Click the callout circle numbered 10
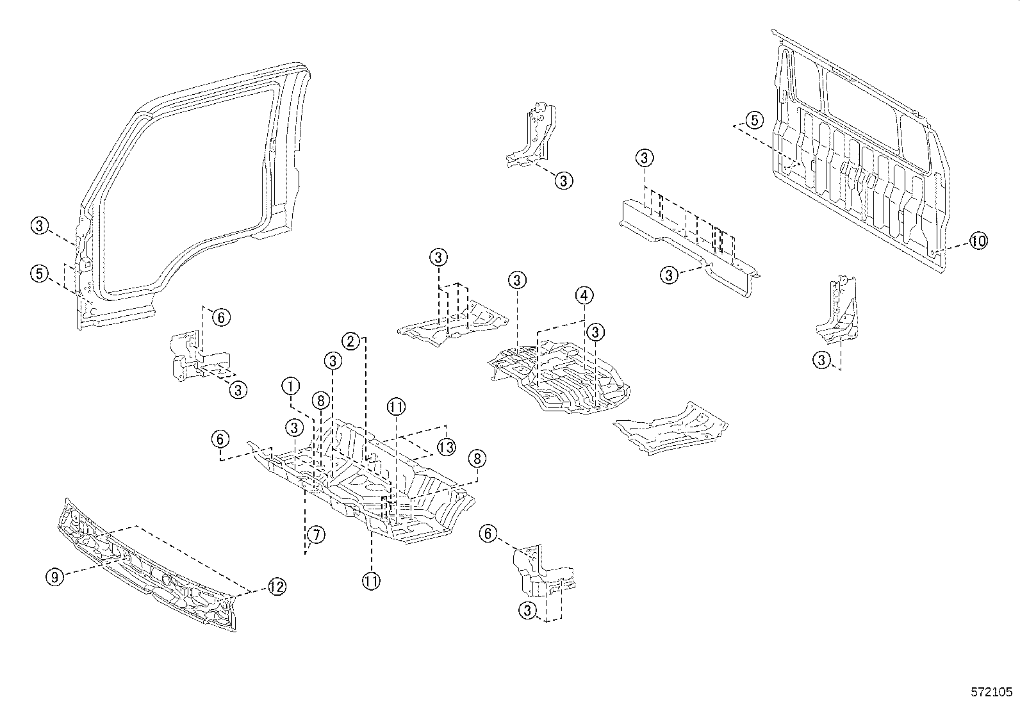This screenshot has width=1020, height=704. (x=978, y=241)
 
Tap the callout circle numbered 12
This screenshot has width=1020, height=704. (x=276, y=586)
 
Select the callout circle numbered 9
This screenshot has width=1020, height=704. (x=55, y=577)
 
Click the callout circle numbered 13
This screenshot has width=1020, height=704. (x=446, y=446)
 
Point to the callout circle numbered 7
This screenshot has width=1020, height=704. (x=315, y=534)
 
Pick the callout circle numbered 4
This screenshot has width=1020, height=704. (x=584, y=296)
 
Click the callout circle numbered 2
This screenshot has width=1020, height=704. (x=350, y=341)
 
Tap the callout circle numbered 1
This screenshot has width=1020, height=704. (x=291, y=386)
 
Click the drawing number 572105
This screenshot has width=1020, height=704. (x=991, y=692)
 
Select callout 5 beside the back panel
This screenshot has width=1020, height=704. (x=754, y=120)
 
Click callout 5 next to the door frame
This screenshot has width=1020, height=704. (x=40, y=274)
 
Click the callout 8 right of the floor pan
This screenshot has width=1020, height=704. (x=476, y=459)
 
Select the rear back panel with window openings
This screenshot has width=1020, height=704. (x=859, y=160)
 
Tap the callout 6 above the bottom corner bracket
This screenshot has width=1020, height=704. (x=489, y=534)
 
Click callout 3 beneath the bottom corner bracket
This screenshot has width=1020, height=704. (x=527, y=610)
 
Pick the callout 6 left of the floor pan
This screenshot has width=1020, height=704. (x=220, y=439)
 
